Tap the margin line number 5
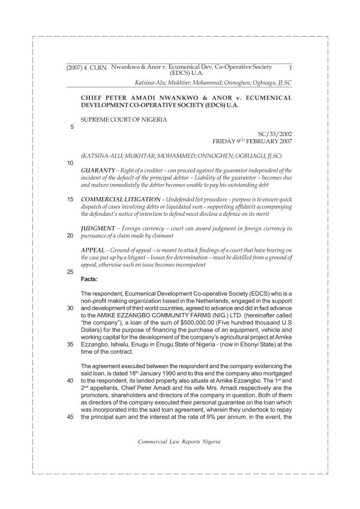[x=72, y=127]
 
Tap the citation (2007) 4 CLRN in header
[x=86, y=68]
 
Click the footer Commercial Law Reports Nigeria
[x=179, y=441]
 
